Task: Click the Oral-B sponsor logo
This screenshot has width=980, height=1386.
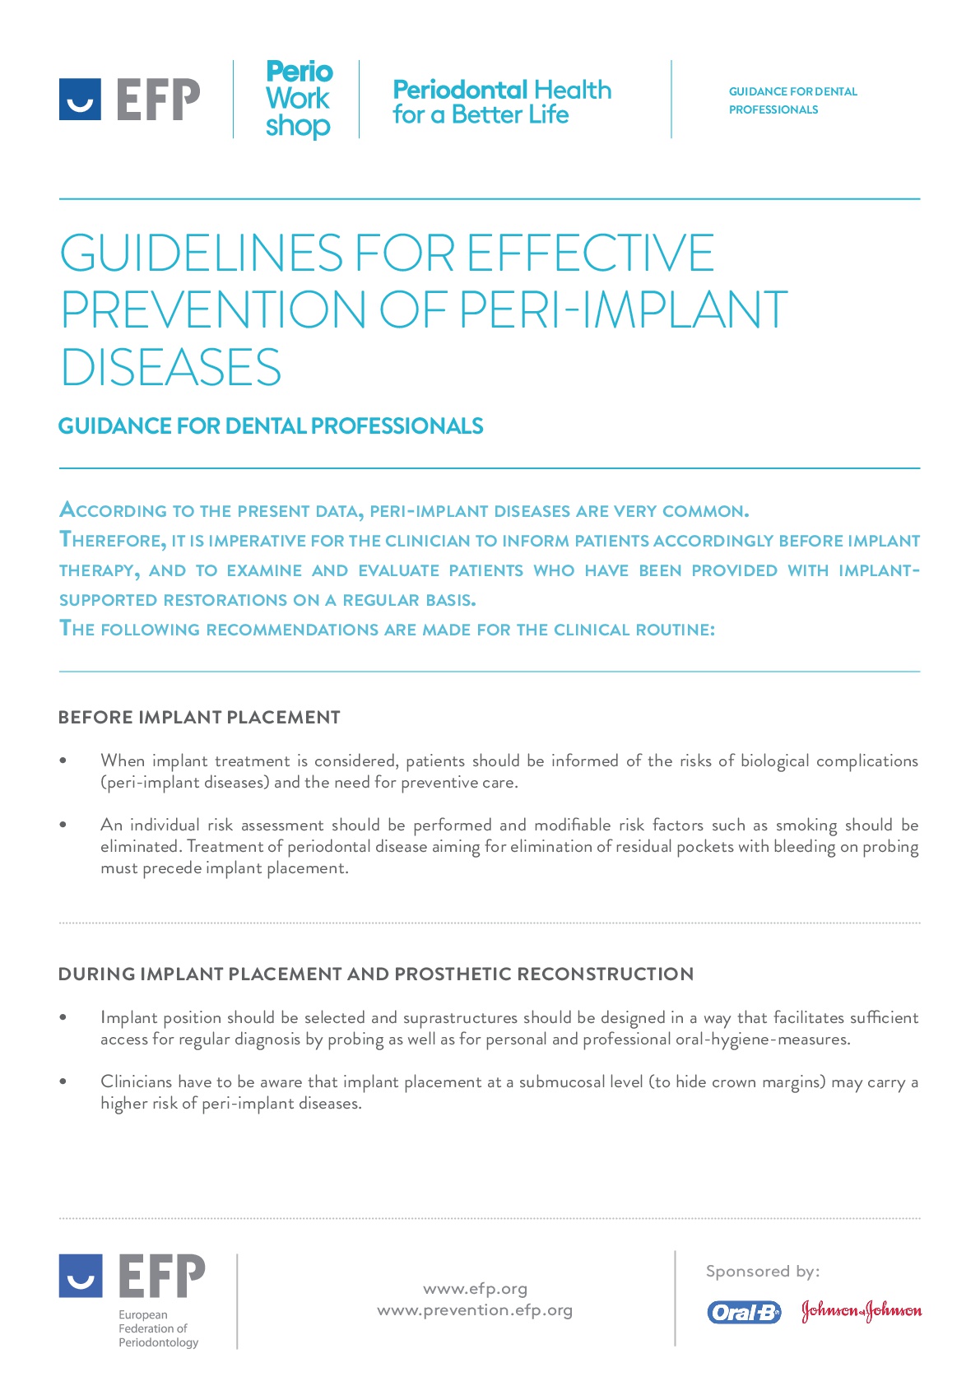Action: point(744,1312)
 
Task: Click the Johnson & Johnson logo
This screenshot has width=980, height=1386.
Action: point(862,1311)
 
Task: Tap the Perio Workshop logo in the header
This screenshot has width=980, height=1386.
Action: point(299,99)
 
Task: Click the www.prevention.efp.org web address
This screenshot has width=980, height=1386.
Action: point(475,1309)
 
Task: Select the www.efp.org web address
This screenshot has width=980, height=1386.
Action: point(475,1288)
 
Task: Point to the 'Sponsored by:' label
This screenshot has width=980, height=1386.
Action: point(763,1271)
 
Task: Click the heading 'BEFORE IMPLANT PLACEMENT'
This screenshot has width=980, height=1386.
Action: point(199,717)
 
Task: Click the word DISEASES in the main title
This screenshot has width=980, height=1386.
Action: point(171,367)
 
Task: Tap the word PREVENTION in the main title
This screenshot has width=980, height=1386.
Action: point(213,310)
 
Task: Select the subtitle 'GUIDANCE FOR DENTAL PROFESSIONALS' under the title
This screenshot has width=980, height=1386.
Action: point(271,426)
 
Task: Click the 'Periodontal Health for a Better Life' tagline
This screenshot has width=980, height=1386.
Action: point(502,102)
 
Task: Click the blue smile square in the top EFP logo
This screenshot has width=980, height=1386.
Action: point(80,100)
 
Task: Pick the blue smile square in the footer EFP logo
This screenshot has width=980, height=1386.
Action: point(81,1276)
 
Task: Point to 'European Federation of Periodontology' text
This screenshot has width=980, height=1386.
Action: point(158,1328)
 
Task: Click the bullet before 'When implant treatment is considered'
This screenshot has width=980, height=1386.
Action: point(63,760)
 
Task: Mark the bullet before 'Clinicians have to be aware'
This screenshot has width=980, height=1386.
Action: point(63,1081)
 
